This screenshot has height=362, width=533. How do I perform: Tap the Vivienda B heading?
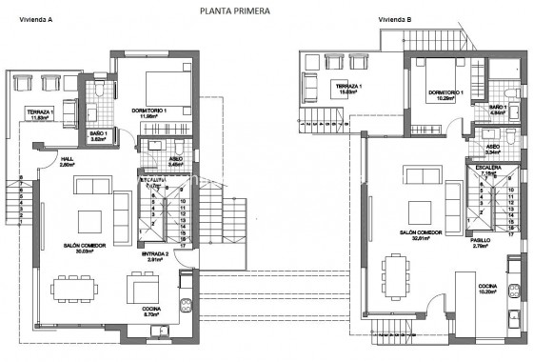tap(394, 19)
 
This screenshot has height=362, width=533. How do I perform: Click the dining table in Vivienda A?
tap(81, 289)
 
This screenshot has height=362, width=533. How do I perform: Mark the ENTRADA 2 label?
tap(154, 254)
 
